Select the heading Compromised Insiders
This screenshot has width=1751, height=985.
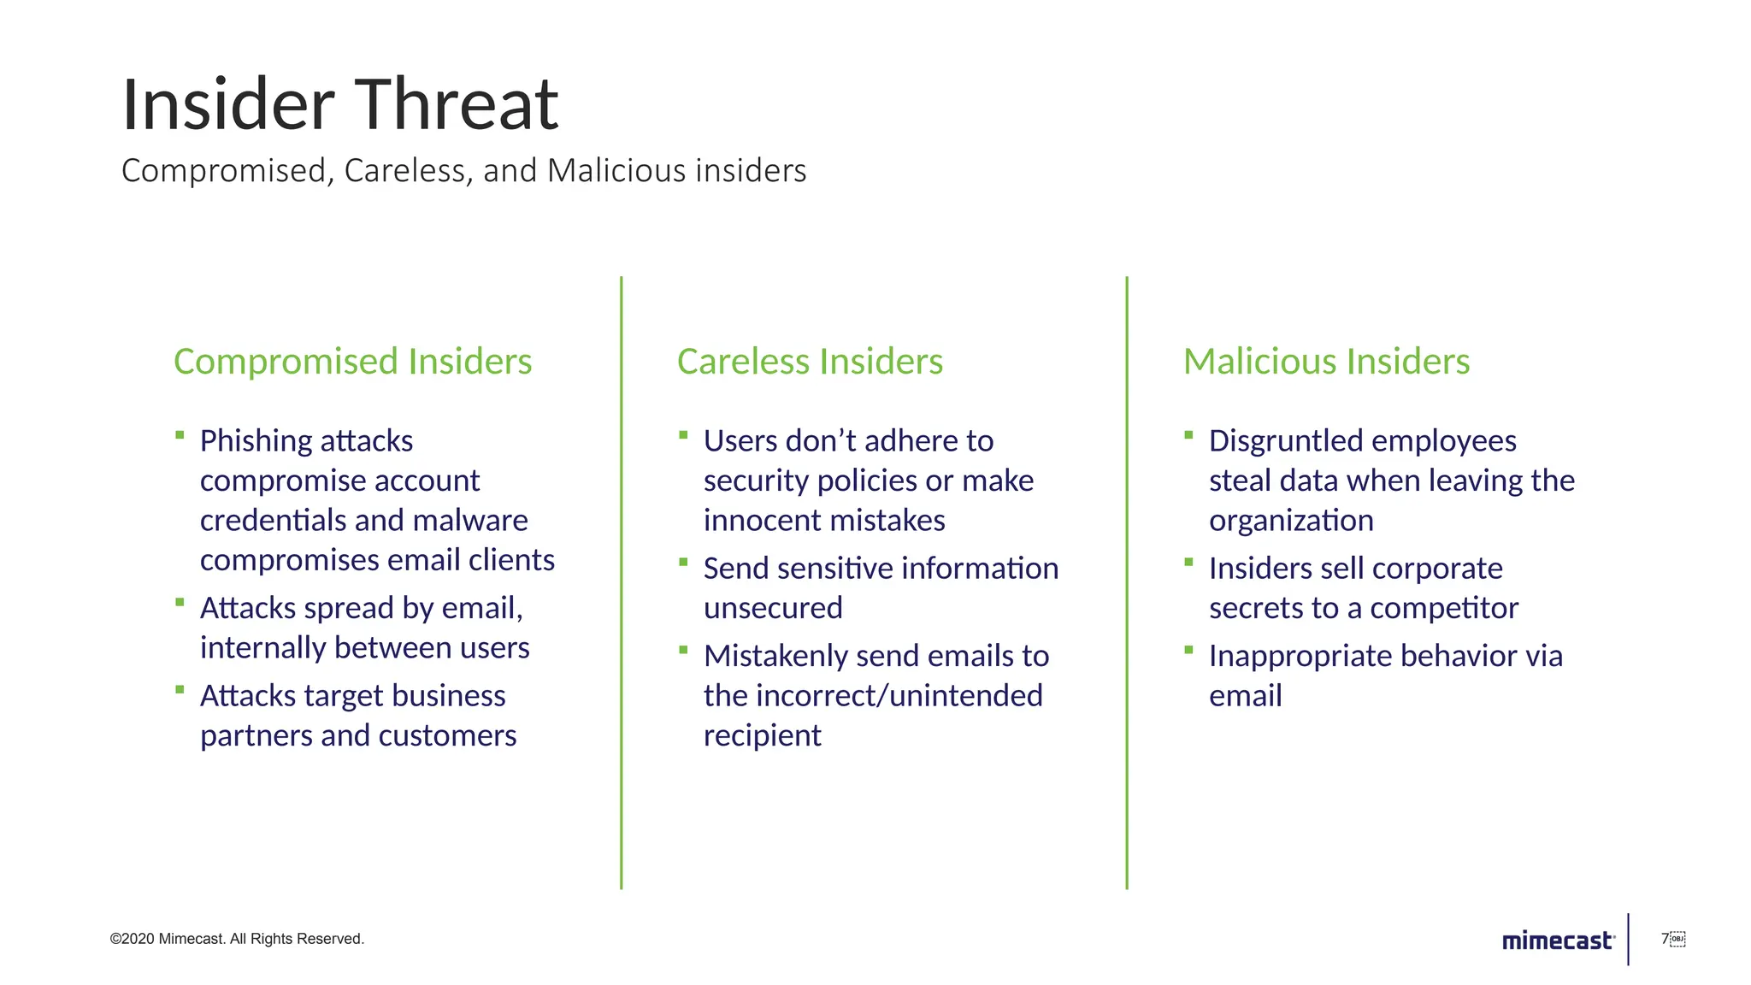click(x=352, y=361)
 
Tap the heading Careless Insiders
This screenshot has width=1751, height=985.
click(x=810, y=361)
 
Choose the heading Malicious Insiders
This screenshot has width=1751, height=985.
click(x=1326, y=361)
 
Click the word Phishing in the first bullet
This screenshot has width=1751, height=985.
click(x=256, y=441)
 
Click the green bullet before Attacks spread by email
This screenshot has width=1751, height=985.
click(x=180, y=603)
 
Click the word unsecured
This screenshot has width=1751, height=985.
click(x=773, y=608)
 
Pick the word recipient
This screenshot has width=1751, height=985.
click(x=762, y=735)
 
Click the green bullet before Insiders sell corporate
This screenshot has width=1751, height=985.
click(x=1188, y=563)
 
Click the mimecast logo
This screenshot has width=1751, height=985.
click(x=1558, y=941)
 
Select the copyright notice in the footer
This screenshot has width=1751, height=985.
click(x=237, y=939)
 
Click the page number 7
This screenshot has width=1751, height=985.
click(x=1665, y=939)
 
